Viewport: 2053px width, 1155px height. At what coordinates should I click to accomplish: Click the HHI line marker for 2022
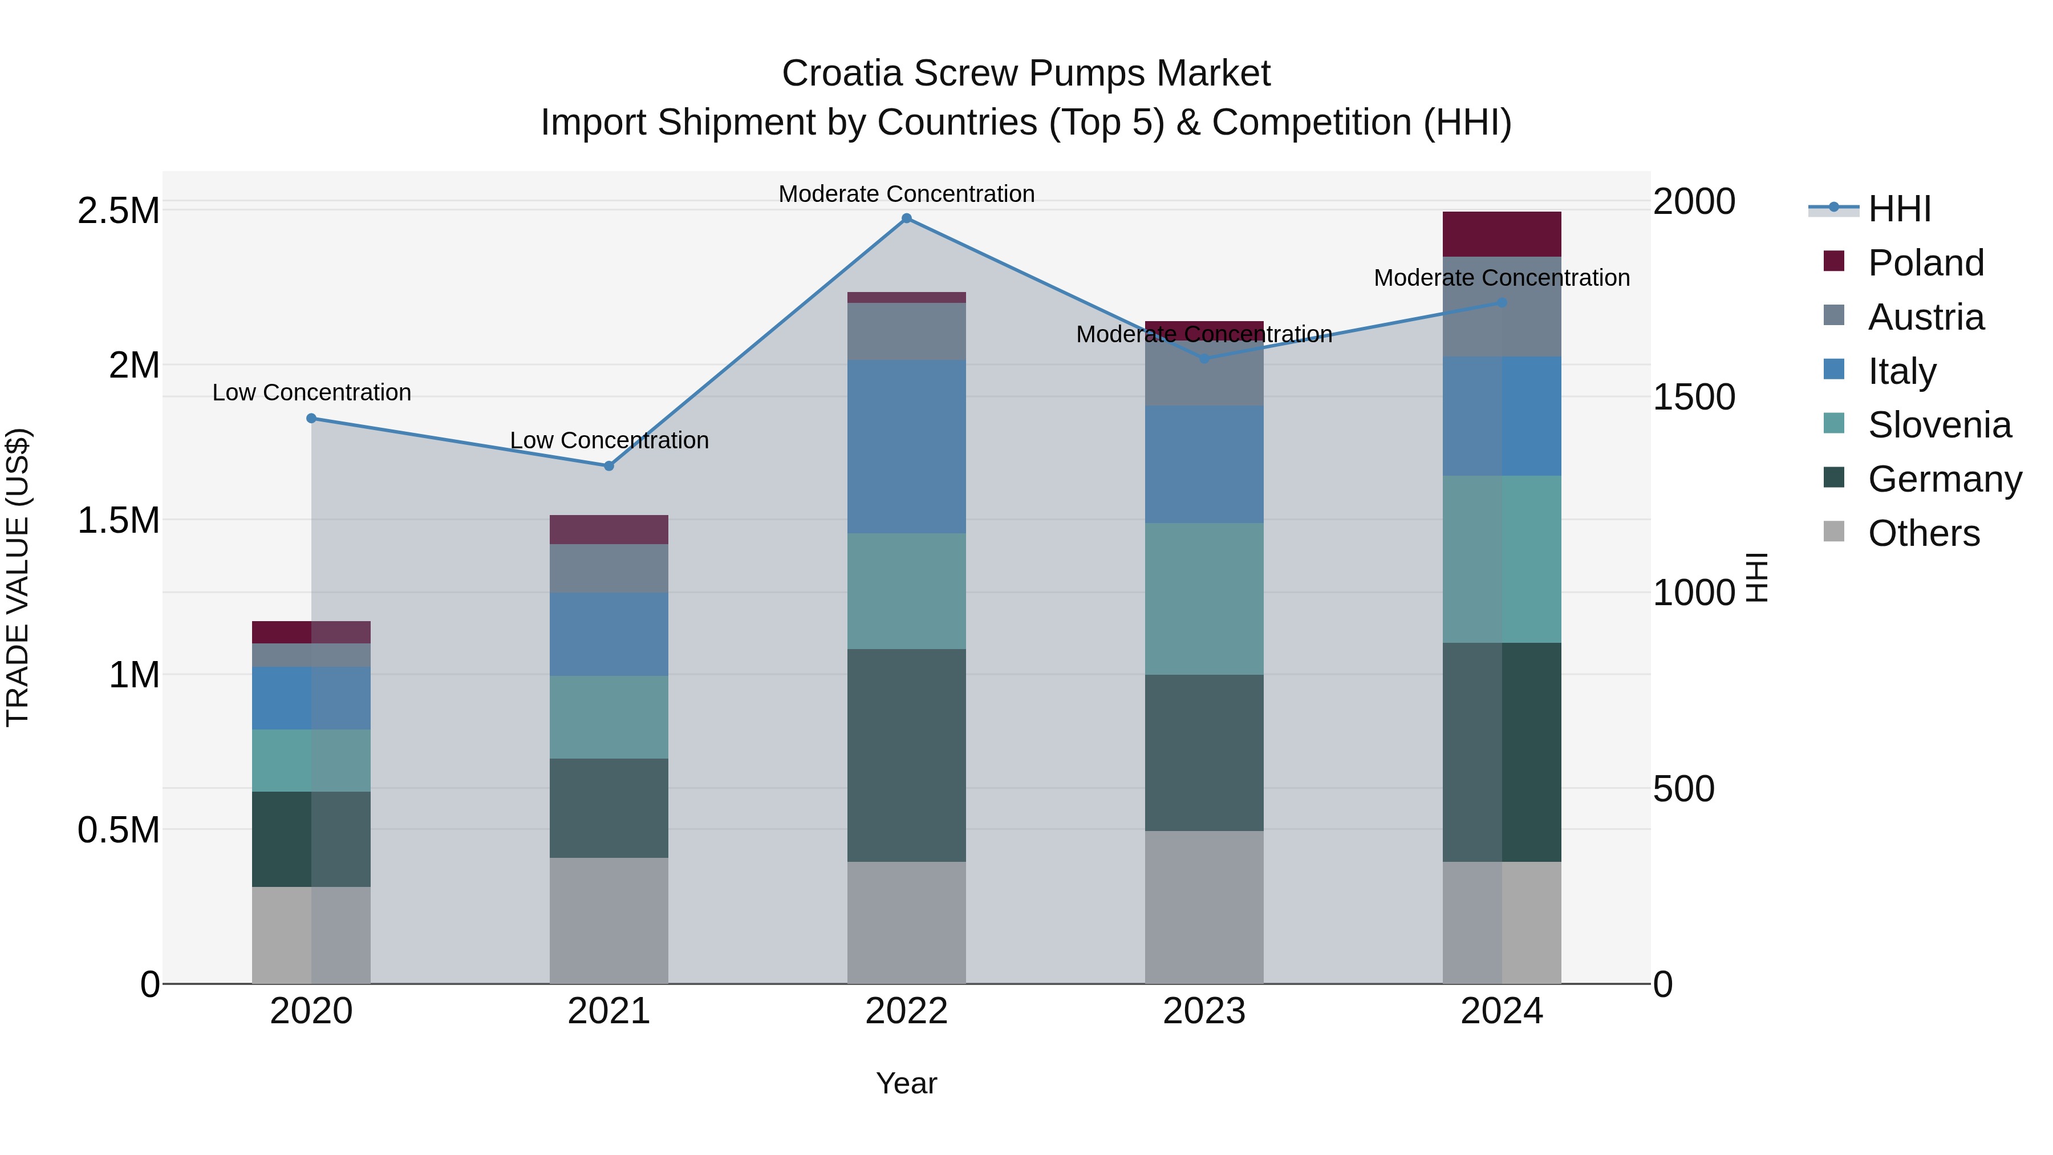tap(906, 218)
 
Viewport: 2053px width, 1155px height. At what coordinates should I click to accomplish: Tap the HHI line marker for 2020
tap(311, 419)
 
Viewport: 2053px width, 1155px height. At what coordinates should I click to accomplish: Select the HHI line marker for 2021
tap(609, 467)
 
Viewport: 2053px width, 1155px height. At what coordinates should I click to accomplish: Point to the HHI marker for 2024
tap(1502, 303)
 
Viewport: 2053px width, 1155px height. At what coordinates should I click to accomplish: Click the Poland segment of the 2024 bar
tap(1502, 234)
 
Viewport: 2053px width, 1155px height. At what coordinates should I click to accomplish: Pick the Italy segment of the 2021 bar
tap(609, 634)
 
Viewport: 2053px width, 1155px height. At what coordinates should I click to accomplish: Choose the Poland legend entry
tap(1925, 263)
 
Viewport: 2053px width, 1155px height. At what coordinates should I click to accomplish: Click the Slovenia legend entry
tap(1938, 425)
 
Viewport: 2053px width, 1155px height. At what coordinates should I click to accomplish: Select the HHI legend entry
tap(1898, 209)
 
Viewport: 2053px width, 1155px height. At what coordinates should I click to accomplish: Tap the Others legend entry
tap(1922, 533)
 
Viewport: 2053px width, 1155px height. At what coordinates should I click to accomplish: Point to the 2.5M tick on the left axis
tap(118, 211)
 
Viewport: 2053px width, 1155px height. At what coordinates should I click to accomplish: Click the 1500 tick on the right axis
tap(1694, 397)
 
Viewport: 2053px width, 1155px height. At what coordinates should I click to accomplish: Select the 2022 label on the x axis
tap(906, 1011)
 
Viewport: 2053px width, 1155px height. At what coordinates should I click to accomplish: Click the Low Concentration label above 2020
tap(311, 393)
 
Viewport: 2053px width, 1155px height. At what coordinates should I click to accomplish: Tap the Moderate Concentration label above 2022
tap(906, 194)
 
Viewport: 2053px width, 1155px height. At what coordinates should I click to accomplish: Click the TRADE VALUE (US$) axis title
tap(18, 577)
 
